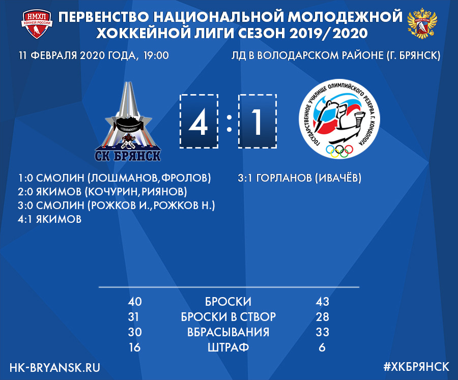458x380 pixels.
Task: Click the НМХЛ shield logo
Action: (x=37, y=24)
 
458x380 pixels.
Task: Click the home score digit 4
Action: (x=198, y=122)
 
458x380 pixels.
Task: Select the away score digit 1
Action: (x=257, y=122)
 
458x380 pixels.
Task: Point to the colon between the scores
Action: (x=229, y=123)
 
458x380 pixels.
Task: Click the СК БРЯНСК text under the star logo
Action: (x=128, y=156)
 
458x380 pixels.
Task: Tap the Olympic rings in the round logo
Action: (x=339, y=151)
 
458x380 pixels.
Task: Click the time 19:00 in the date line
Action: (x=156, y=55)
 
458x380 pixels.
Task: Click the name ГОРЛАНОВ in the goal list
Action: (x=284, y=178)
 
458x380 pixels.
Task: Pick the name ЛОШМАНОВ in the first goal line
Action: (x=125, y=178)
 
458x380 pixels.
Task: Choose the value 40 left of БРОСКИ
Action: (x=135, y=302)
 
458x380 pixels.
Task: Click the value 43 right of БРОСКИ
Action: (x=323, y=302)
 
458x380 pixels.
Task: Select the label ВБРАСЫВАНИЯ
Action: (x=228, y=332)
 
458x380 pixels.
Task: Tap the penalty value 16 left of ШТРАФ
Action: (x=135, y=347)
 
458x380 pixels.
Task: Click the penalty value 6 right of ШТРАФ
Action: (x=322, y=347)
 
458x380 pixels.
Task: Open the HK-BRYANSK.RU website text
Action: (x=55, y=367)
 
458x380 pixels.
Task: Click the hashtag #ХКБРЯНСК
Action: (x=416, y=367)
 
